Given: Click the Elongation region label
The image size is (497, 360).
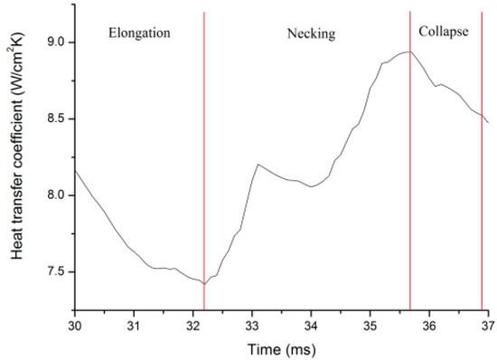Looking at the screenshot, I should (140, 33).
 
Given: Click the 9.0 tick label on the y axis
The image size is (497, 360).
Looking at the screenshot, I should (55, 41).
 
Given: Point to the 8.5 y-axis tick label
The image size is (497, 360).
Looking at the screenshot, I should (55, 118).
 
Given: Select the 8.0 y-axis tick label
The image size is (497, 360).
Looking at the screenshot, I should (55, 194).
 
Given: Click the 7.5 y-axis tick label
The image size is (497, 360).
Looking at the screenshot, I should (55, 271).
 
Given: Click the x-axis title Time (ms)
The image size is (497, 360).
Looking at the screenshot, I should (281, 348).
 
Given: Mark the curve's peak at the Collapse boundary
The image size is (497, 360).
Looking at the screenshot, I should (409, 52).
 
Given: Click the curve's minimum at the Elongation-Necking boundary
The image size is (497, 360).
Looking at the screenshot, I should (205, 283).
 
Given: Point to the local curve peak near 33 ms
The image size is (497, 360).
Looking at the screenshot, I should (258, 165).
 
